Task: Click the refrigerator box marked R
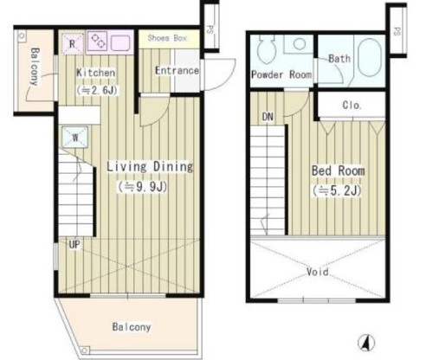coord(73,43)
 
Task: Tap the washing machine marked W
coord(75,137)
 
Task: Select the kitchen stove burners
coord(97,41)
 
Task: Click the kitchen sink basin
coord(120,43)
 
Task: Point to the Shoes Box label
coord(167,38)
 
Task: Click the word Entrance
coord(177,70)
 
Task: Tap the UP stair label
coord(74,245)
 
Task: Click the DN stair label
coord(268,117)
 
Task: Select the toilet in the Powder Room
coord(267,49)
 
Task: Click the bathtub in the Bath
coord(370,58)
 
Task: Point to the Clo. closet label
coord(352,106)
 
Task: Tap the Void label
coord(318,272)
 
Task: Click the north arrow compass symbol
coord(366,343)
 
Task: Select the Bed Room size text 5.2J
coord(337,190)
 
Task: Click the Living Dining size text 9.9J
coord(142,187)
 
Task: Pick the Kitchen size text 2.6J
coord(97,91)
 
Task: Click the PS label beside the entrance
coord(210,29)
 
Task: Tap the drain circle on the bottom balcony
coord(84,350)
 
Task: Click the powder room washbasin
coord(300,44)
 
